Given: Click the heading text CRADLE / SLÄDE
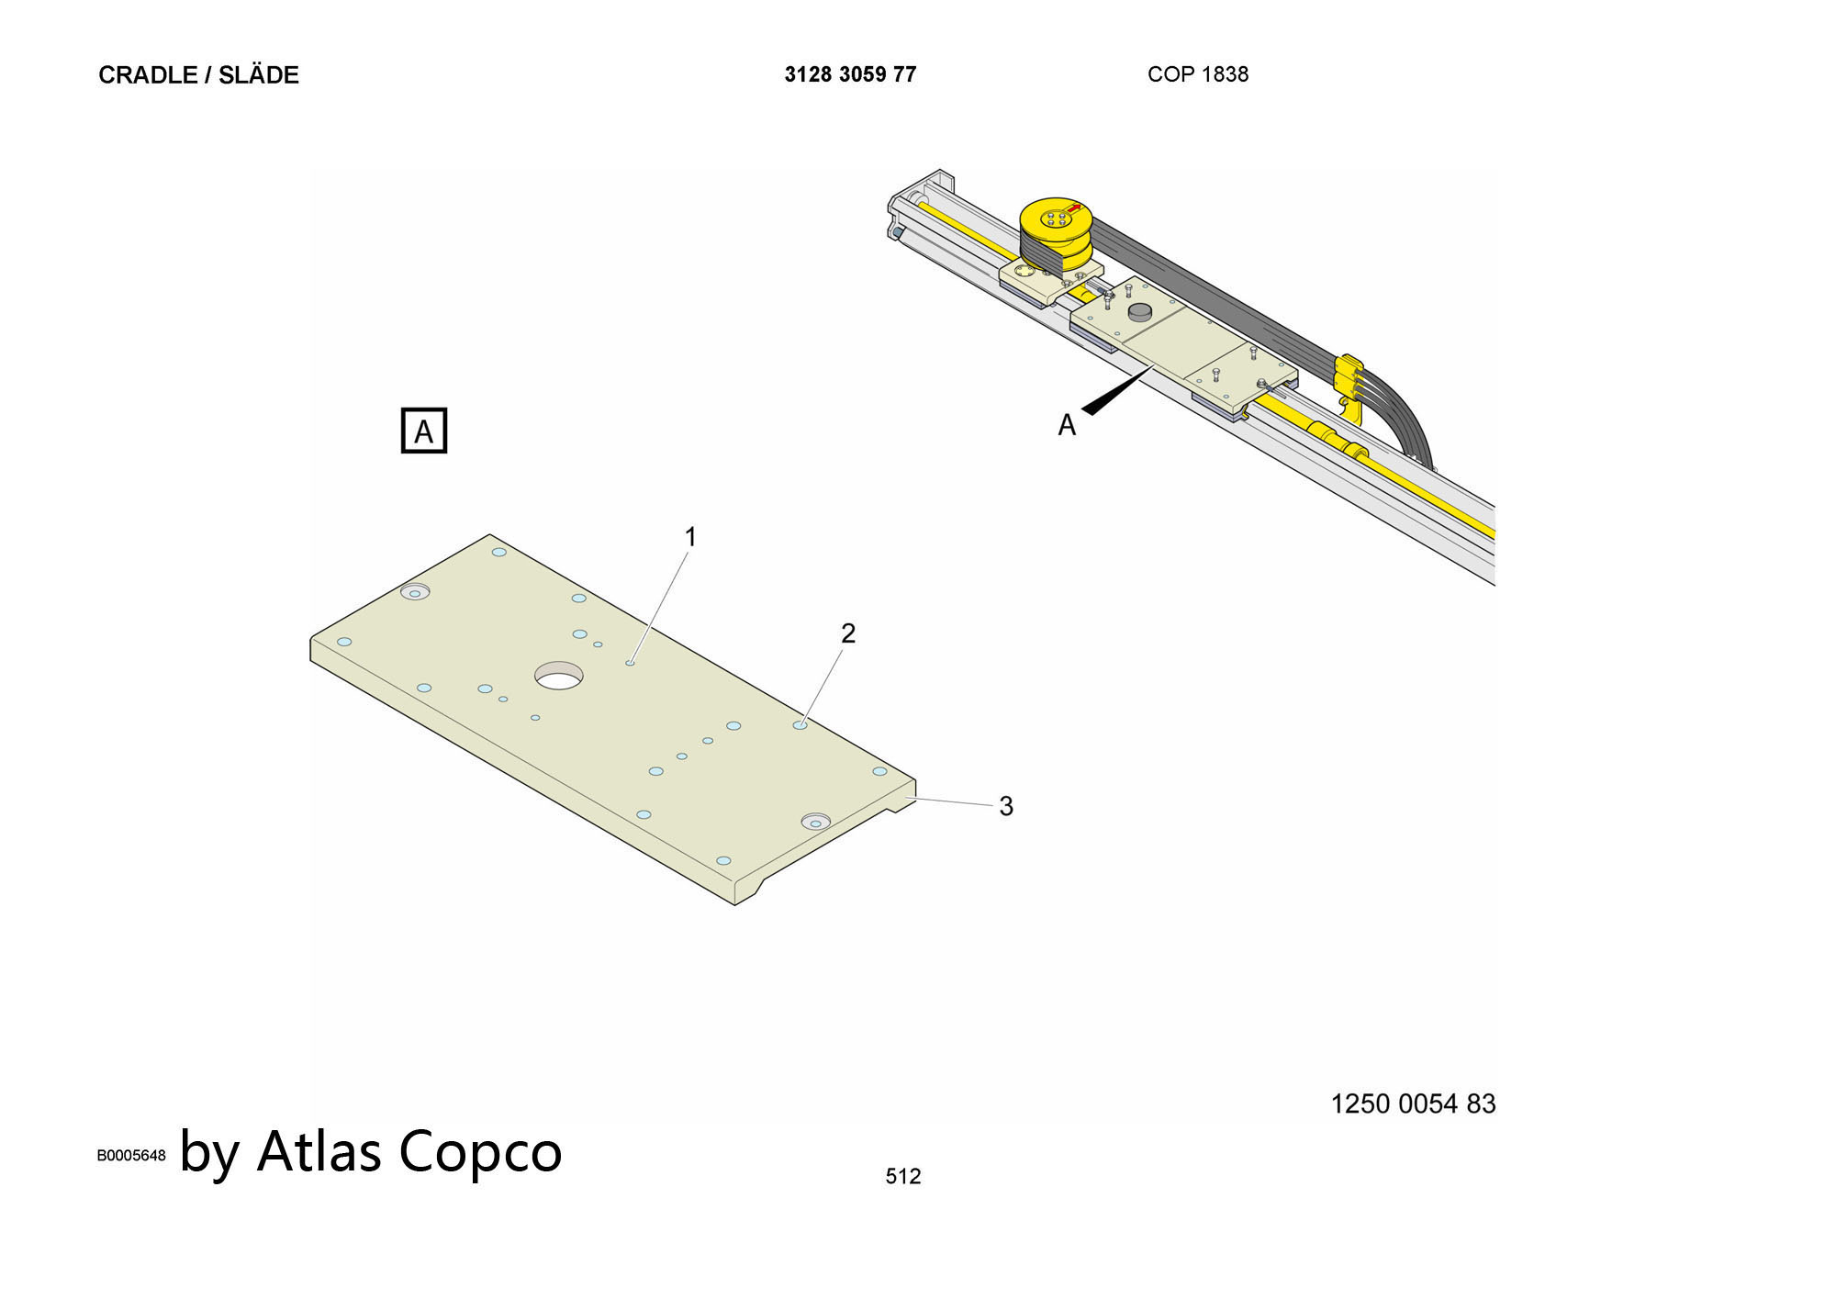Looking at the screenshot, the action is pyautogui.click(x=198, y=74).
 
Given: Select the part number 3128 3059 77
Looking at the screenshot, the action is pyautogui.click(x=850, y=74).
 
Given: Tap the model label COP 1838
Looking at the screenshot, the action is pyautogui.click(x=1197, y=74).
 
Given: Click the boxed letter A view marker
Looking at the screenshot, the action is pyautogui.click(x=424, y=431).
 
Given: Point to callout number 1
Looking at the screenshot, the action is pyautogui.click(x=690, y=537).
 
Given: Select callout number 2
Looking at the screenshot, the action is pyautogui.click(x=848, y=633).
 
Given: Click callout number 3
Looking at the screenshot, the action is pyautogui.click(x=1006, y=806).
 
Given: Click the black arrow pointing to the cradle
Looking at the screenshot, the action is pyautogui.click(x=1115, y=390).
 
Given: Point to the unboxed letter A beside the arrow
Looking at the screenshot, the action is pyautogui.click(x=1067, y=425).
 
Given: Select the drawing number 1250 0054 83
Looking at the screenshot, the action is pyautogui.click(x=1413, y=1103).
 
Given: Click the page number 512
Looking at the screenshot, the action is pyautogui.click(x=903, y=1176).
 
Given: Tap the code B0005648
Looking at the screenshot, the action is pyautogui.click(x=131, y=1156).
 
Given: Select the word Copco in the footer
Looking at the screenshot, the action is pyautogui.click(x=480, y=1155).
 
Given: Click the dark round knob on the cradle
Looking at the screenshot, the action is pyautogui.click(x=1139, y=312).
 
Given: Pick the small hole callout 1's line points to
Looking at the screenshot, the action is pyautogui.click(x=630, y=662).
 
